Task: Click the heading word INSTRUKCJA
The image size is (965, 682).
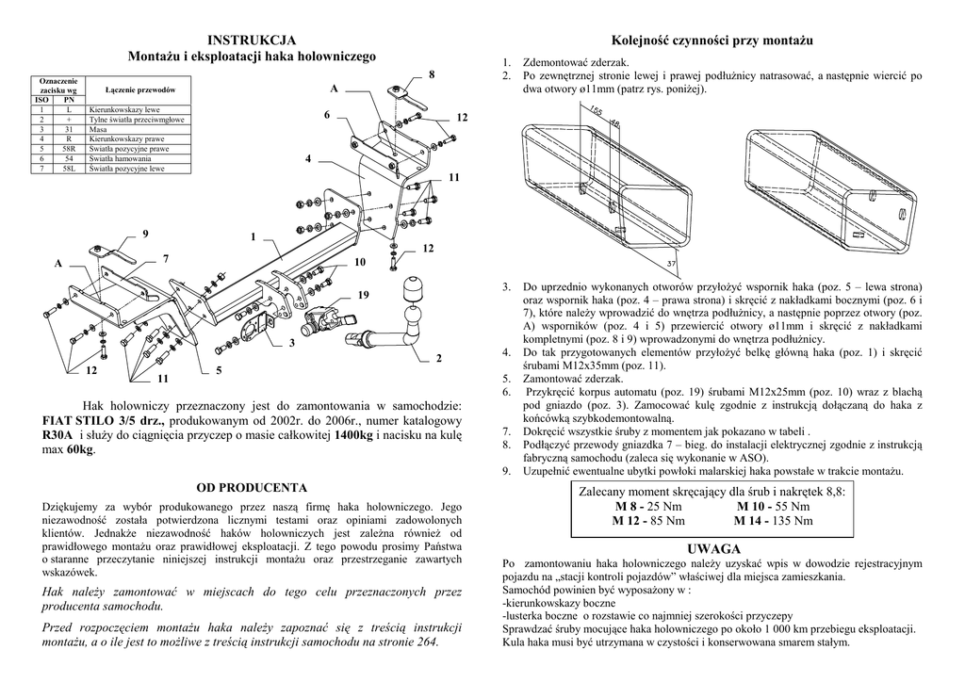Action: [252, 40]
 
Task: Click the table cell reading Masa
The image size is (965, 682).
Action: [98, 130]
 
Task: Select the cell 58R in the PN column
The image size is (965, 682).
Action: [70, 149]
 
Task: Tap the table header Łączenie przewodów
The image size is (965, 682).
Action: [140, 89]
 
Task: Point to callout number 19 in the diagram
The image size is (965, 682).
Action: [363, 296]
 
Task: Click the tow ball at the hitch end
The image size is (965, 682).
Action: [415, 287]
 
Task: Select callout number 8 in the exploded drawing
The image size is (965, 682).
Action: [432, 73]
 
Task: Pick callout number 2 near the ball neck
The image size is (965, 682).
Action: [439, 358]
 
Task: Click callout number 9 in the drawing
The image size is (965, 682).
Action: [145, 233]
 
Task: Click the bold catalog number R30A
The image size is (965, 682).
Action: [57, 435]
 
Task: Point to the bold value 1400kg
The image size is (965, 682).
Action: [353, 435]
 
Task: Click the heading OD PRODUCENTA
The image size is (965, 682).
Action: [252, 487]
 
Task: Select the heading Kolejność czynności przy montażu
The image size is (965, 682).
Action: [712, 41]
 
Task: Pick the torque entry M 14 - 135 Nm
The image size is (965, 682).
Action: [773, 520]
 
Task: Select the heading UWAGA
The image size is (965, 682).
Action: [713, 548]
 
